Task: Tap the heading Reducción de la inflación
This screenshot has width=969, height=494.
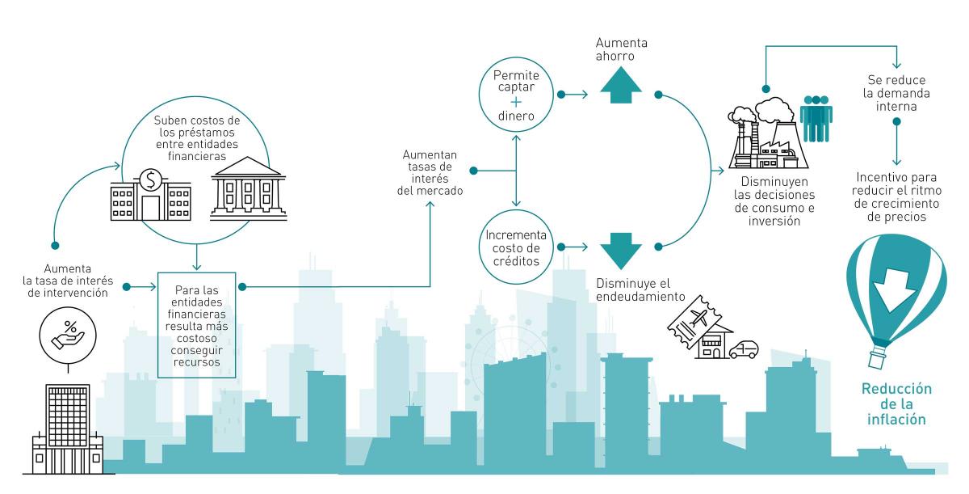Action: (897, 403)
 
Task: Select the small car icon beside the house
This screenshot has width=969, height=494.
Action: (743, 349)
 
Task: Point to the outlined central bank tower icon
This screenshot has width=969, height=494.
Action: (68, 429)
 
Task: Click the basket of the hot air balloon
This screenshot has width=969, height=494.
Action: (877, 357)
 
